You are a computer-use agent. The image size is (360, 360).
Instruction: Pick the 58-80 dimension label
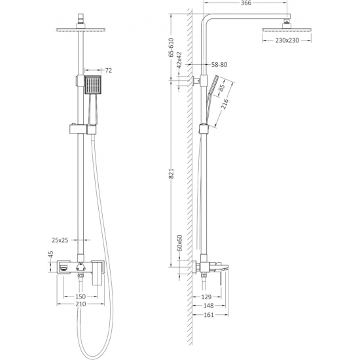pos(219,65)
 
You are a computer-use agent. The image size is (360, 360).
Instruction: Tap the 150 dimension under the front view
pos(81,297)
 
